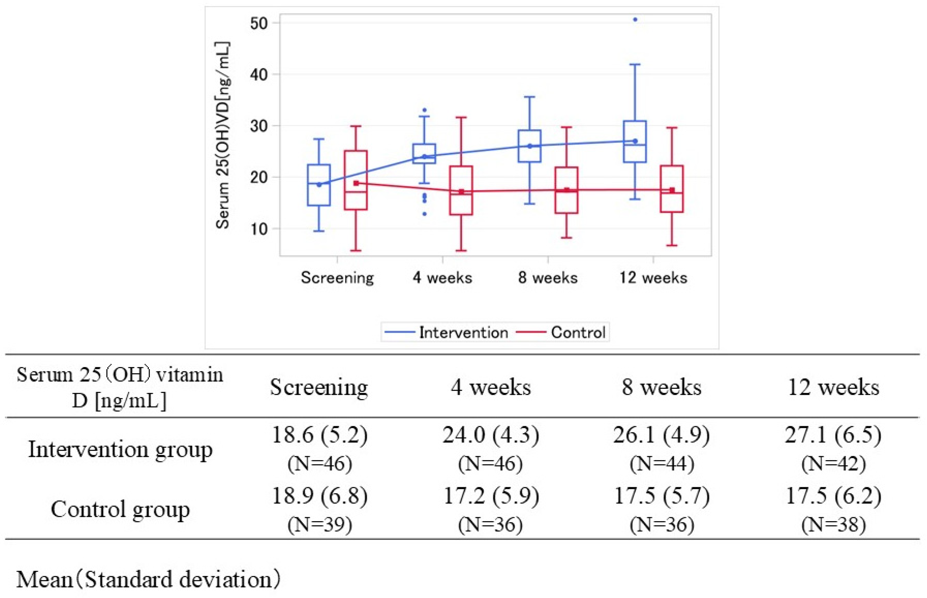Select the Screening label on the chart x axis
(337, 278)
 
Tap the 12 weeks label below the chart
(653, 278)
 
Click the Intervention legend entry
(463, 332)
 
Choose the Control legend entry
(578, 332)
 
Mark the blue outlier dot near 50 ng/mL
(635, 19)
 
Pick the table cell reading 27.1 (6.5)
(833, 435)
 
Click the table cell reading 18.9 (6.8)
(320, 496)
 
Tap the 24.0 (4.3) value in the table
(491, 435)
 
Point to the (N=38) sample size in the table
(833, 524)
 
